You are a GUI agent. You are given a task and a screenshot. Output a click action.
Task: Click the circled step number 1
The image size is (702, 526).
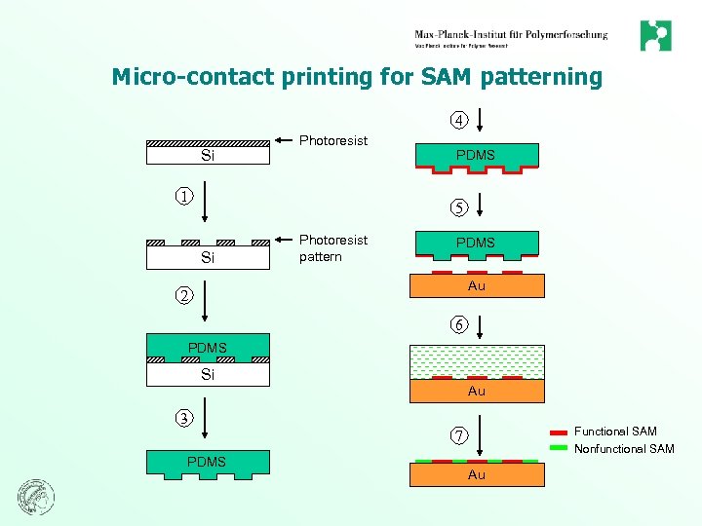pos(182,195)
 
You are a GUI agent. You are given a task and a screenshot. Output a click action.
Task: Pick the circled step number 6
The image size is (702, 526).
pos(458,323)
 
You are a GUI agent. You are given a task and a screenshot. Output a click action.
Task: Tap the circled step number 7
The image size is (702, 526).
pos(457,434)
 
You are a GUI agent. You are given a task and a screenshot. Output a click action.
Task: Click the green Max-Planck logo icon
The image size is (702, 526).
pos(655,36)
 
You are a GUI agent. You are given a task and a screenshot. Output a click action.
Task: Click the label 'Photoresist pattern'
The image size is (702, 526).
pos(333,248)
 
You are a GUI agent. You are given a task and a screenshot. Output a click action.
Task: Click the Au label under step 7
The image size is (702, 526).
pos(476,474)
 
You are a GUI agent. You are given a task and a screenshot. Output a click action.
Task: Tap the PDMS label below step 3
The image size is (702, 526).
pos(207,462)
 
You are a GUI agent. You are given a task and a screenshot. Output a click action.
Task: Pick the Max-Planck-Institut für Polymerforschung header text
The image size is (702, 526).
pos(511,35)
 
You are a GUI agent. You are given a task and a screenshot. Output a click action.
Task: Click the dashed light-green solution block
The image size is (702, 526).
pos(476,360)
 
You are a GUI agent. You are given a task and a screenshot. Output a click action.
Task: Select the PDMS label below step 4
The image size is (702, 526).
pos(476,155)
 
